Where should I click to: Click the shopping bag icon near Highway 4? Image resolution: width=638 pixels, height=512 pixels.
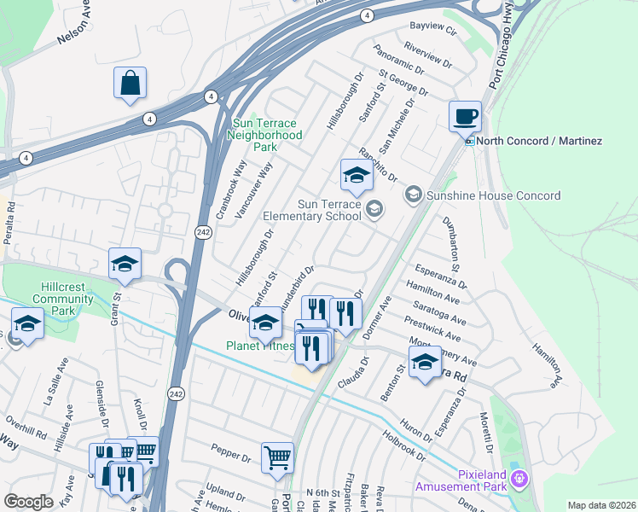pos(130,83)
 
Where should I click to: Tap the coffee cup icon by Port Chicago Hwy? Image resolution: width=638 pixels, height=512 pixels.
pos(465,116)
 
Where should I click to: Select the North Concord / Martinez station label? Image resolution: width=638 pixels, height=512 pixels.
pos(539,141)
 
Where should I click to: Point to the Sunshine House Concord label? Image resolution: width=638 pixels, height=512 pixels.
pos(494,195)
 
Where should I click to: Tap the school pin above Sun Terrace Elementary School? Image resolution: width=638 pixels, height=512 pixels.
pos(357,176)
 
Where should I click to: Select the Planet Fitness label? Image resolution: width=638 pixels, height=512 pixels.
pos(260,346)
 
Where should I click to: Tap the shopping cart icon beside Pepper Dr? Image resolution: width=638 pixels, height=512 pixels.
pos(277,458)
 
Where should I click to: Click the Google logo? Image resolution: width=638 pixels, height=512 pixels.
pos(29,502)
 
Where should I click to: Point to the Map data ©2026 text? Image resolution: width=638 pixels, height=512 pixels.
pos(600,505)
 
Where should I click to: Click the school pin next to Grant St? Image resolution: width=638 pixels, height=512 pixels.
pos(125,264)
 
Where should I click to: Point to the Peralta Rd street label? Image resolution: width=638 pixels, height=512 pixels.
pos(9,224)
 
